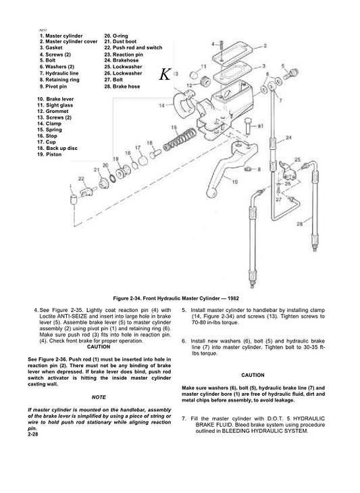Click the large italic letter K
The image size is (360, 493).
(x=165, y=75)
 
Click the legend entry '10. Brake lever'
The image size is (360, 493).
(x=57, y=99)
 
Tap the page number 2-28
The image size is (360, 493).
(x=34, y=434)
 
